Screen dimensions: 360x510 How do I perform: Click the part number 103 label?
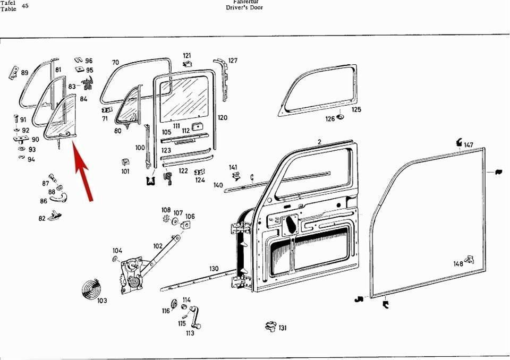102,301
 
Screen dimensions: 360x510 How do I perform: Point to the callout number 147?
468,145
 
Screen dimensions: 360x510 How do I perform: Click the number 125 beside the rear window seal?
356,109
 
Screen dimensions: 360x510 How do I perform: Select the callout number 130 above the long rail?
214,269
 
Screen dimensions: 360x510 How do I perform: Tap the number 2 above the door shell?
319,142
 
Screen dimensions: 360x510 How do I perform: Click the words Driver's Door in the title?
244,7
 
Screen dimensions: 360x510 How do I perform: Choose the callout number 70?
115,63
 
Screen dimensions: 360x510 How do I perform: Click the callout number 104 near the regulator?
117,251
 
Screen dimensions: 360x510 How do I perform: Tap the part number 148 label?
458,264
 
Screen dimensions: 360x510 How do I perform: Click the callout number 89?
24,73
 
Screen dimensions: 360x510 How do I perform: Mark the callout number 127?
233,60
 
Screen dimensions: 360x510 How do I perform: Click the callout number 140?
218,185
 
